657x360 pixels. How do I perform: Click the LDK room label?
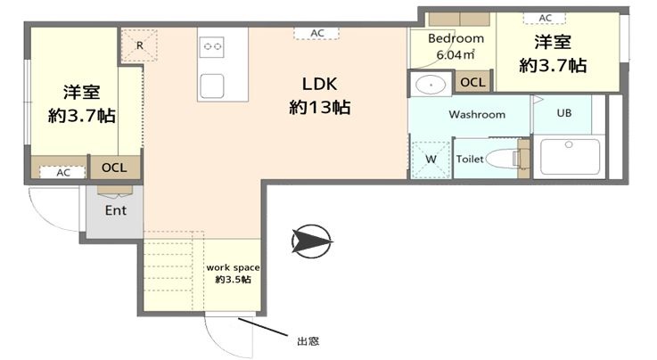point(320,84)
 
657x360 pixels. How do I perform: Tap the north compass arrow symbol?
point(312,241)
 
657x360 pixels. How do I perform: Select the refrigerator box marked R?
point(139,45)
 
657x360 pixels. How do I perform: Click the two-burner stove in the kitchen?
point(212,46)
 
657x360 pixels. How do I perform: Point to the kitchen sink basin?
point(211,86)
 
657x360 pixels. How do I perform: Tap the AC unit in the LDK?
point(316,33)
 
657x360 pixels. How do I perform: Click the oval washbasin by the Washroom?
point(431,85)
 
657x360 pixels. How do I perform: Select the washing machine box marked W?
point(431,160)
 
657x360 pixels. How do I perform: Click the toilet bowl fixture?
point(504,159)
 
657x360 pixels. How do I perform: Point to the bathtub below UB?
point(570,157)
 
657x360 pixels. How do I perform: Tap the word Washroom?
point(477,114)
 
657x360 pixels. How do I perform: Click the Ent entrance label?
point(116,210)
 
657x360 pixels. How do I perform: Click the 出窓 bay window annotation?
point(308,341)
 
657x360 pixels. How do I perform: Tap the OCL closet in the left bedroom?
point(114,168)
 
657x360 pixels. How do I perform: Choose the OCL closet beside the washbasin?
point(472,82)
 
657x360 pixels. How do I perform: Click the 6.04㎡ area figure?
point(456,54)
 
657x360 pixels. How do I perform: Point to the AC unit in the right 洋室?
point(545,18)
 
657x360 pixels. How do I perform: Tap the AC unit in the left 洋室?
point(63,172)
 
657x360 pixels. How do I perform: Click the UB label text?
point(564,113)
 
